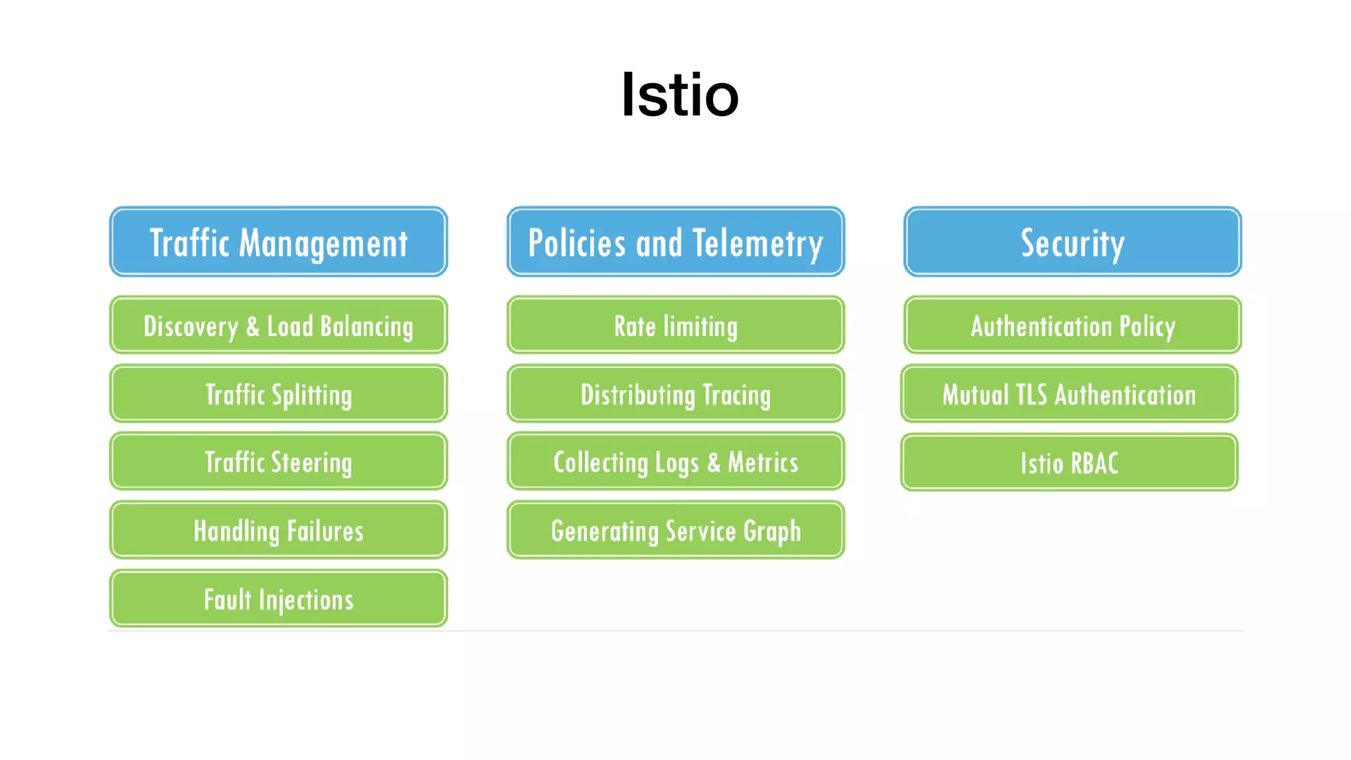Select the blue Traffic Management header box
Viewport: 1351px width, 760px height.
pyautogui.click(x=278, y=241)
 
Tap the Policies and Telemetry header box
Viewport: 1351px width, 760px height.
pyautogui.click(x=675, y=241)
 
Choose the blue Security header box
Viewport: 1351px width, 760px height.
pyautogui.click(x=1073, y=241)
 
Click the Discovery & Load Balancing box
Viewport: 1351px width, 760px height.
pyautogui.click(x=278, y=325)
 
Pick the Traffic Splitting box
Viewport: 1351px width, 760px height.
pyautogui.click(x=278, y=394)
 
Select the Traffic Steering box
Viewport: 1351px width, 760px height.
pyautogui.click(x=278, y=462)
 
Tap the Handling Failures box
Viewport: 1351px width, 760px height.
pyautogui.click(x=278, y=530)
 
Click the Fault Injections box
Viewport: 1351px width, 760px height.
pyautogui.click(x=278, y=599)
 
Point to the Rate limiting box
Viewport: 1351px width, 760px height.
pyautogui.click(x=675, y=325)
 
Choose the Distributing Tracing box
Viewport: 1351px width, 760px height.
pyautogui.click(x=675, y=394)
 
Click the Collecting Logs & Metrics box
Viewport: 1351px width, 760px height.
pyautogui.click(x=675, y=462)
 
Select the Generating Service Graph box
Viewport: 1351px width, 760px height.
pyautogui.click(x=675, y=530)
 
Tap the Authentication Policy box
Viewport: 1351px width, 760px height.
pyautogui.click(x=1073, y=325)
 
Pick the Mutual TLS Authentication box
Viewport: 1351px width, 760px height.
pyautogui.click(x=1069, y=394)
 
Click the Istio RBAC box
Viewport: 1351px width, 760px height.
pyautogui.click(x=1069, y=462)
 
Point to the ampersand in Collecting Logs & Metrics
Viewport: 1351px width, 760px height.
pyautogui.click(x=714, y=462)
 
